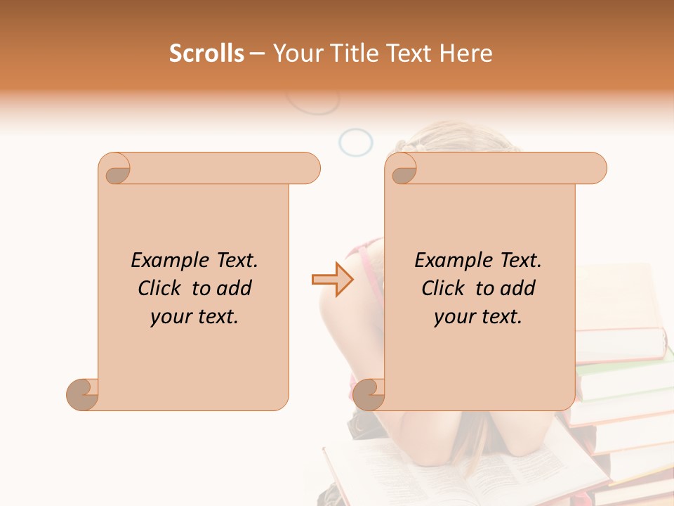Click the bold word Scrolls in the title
click(206, 53)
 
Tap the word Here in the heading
click(466, 53)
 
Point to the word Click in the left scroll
click(161, 288)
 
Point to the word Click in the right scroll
click(445, 288)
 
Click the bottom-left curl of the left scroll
click(83, 394)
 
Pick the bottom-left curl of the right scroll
click(369, 394)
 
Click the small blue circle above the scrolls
click(355, 142)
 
